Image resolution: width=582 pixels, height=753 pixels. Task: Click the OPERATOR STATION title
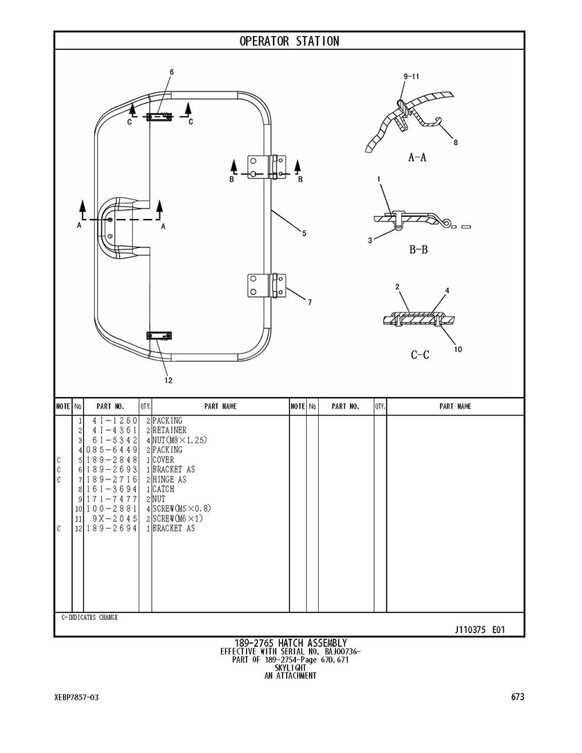click(x=289, y=42)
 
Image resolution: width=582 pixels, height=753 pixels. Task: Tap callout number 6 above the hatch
click(x=171, y=72)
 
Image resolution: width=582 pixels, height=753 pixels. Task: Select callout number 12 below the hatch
click(x=168, y=380)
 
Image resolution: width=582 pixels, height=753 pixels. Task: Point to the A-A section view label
click(x=417, y=157)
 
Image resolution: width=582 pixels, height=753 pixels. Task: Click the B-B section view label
click(x=418, y=249)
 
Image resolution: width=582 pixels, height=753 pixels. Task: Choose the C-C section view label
click(x=420, y=355)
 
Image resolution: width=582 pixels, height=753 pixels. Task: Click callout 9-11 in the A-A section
click(x=412, y=76)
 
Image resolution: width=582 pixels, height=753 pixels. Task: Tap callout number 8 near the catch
click(x=456, y=142)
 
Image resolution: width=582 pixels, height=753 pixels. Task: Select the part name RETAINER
click(x=170, y=430)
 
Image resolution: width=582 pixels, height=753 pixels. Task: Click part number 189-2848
click(x=112, y=459)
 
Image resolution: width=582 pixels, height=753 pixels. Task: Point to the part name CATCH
click(x=164, y=489)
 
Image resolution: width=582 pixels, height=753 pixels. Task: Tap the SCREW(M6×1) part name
click(x=177, y=519)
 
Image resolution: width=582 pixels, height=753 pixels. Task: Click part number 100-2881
click(x=112, y=508)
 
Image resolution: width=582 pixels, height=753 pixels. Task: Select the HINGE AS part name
click(x=170, y=479)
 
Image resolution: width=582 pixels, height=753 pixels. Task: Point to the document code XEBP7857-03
click(x=76, y=697)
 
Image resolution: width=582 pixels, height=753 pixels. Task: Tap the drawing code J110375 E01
click(x=479, y=630)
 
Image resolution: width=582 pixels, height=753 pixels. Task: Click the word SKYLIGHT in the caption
click(x=290, y=668)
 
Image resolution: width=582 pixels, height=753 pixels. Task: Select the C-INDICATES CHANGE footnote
click(x=90, y=618)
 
